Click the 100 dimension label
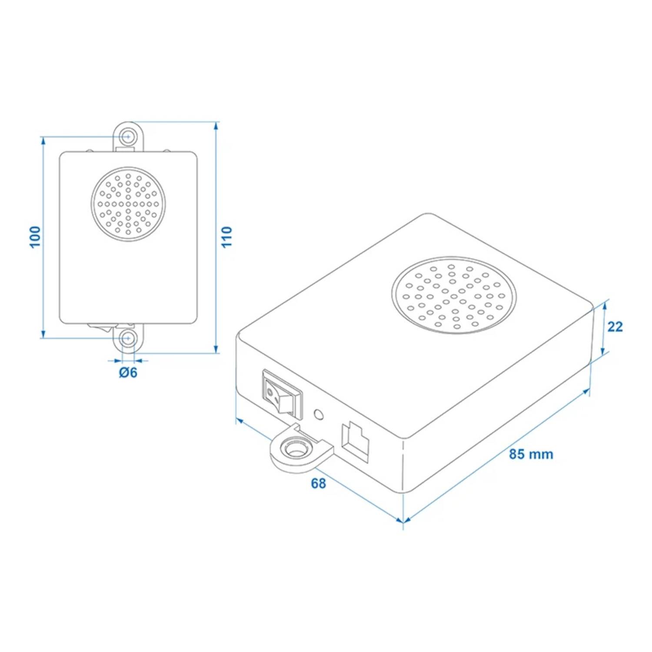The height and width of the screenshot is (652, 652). (x=35, y=237)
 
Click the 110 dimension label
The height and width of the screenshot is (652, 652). (x=227, y=237)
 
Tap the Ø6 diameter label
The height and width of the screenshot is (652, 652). (x=128, y=373)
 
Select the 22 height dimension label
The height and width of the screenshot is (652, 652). (x=615, y=326)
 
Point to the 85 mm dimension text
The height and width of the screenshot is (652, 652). (x=531, y=454)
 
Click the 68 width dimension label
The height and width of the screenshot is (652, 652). (x=318, y=483)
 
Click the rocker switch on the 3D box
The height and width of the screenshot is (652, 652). (x=282, y=394)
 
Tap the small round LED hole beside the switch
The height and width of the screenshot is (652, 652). (x=319, y=414)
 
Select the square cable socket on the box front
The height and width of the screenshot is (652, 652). (x=355, y=441)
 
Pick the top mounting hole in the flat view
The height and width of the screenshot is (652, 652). (x=127, y=136)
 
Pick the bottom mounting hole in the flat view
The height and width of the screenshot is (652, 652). (x=127, y=338)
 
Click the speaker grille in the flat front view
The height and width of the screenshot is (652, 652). (x=128, y=204)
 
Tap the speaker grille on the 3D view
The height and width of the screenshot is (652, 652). (x=454, y=295)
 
